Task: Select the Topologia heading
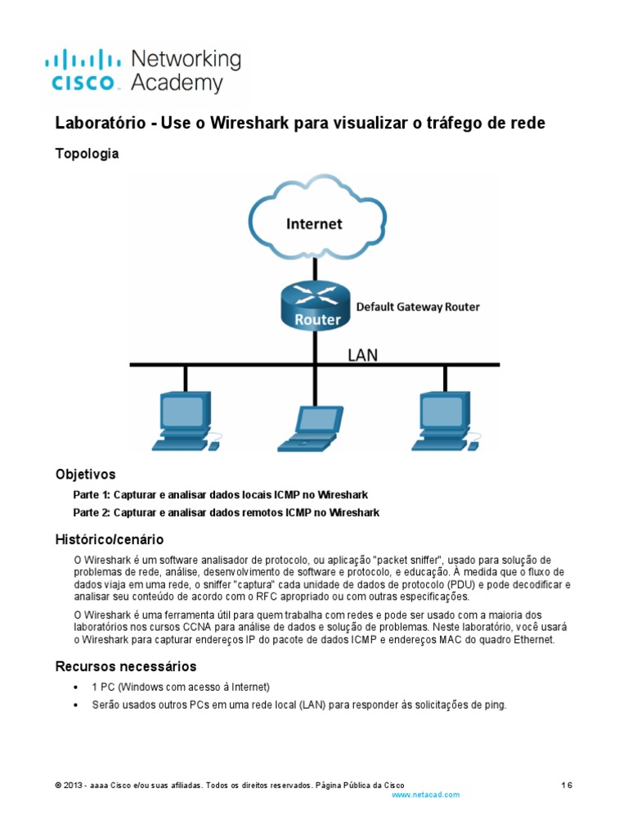pyautogui.click(x=87, y=154)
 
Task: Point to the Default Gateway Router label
pyautogui.click(x=417, y=307)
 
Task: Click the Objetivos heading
pyautogui.click(x=85, y=475)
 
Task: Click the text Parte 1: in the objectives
pyautogui.click(x=92, y=495)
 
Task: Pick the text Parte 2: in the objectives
pyautogui.click(x=92, y=512)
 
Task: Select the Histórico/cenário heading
pyautogui.click(x=109, y=539)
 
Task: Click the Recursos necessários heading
pyautogui.click(x=125, y=666)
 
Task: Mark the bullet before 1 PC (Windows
pyautogui.click(x=76, y=687)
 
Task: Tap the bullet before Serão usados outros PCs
pyautogui.click(x=76, y=705)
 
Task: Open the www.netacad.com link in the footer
pyautogui.click(x=426, y=795)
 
